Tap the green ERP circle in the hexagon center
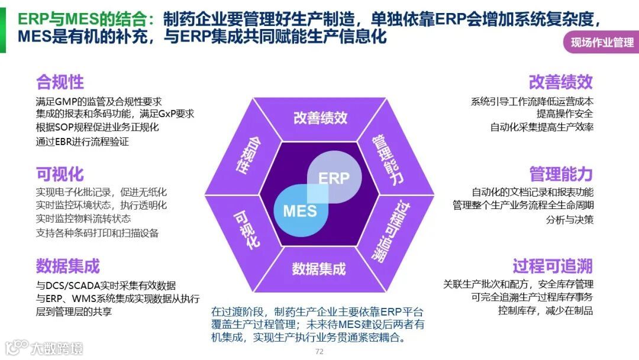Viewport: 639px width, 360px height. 334,177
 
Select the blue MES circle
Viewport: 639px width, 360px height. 299,210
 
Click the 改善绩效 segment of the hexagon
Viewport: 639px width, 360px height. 320,118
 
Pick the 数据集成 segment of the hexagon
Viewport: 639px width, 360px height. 318,269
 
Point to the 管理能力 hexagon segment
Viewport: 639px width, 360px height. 387,159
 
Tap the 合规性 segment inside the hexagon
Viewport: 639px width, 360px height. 247,155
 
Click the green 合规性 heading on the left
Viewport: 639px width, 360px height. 60,82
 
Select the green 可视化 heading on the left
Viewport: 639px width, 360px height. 60,174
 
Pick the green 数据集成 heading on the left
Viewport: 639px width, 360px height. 68,266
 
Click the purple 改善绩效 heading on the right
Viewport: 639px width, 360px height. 560,82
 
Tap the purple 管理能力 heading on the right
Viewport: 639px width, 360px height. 560,174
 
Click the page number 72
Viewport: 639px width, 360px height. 319,352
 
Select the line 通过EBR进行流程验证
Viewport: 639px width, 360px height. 82,142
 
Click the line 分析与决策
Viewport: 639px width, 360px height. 570,220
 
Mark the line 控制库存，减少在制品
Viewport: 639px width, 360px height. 545,310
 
